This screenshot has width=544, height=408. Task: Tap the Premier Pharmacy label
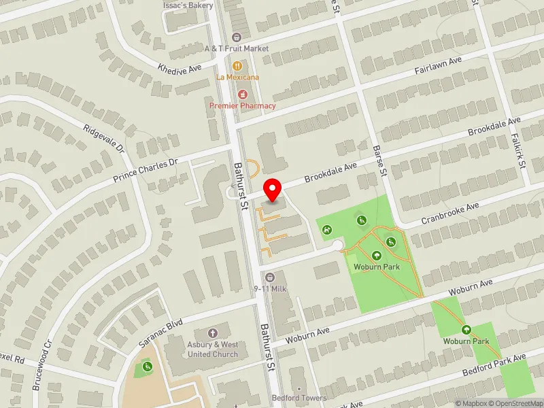(x=242, y=105)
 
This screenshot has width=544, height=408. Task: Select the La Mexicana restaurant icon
(x=237, y=66)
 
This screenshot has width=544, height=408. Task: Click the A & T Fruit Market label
(x=237, y=48)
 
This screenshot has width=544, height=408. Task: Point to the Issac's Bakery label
(x=188, y=5)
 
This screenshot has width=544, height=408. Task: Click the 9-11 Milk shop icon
(x=270, y=277)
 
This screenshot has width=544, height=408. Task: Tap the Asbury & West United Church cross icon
(x=211, y=333)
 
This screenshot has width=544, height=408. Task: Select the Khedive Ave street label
(x=180, y=68)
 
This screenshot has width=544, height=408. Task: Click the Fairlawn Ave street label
(x=438, y=66)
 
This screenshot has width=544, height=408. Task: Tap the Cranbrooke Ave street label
(x=450, y=211)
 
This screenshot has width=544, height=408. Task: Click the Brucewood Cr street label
(x=40, y=368)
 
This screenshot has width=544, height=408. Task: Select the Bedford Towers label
(x=299, y=398)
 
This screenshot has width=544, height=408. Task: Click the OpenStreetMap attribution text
(x=515, y=403)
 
